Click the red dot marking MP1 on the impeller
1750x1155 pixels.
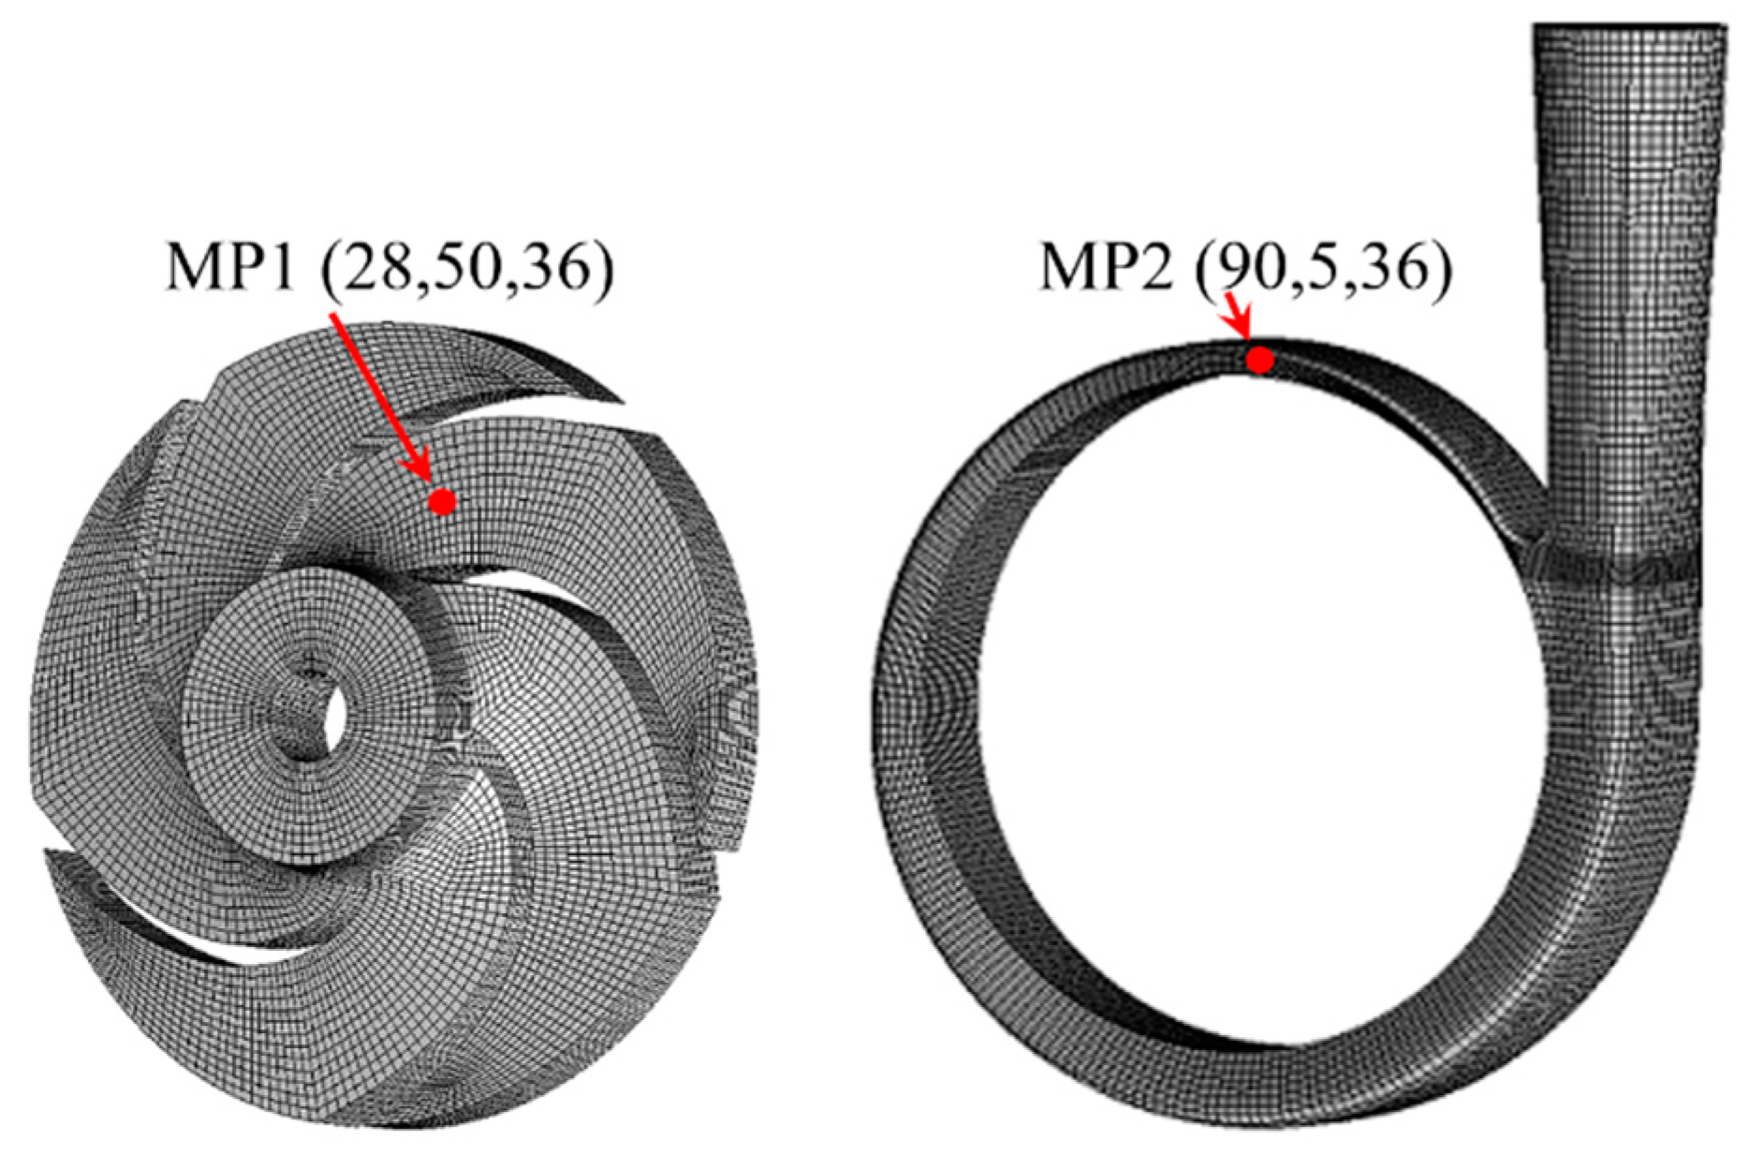click(x=442, y=502)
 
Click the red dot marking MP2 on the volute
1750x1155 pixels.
click(x=1260, y=360)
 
